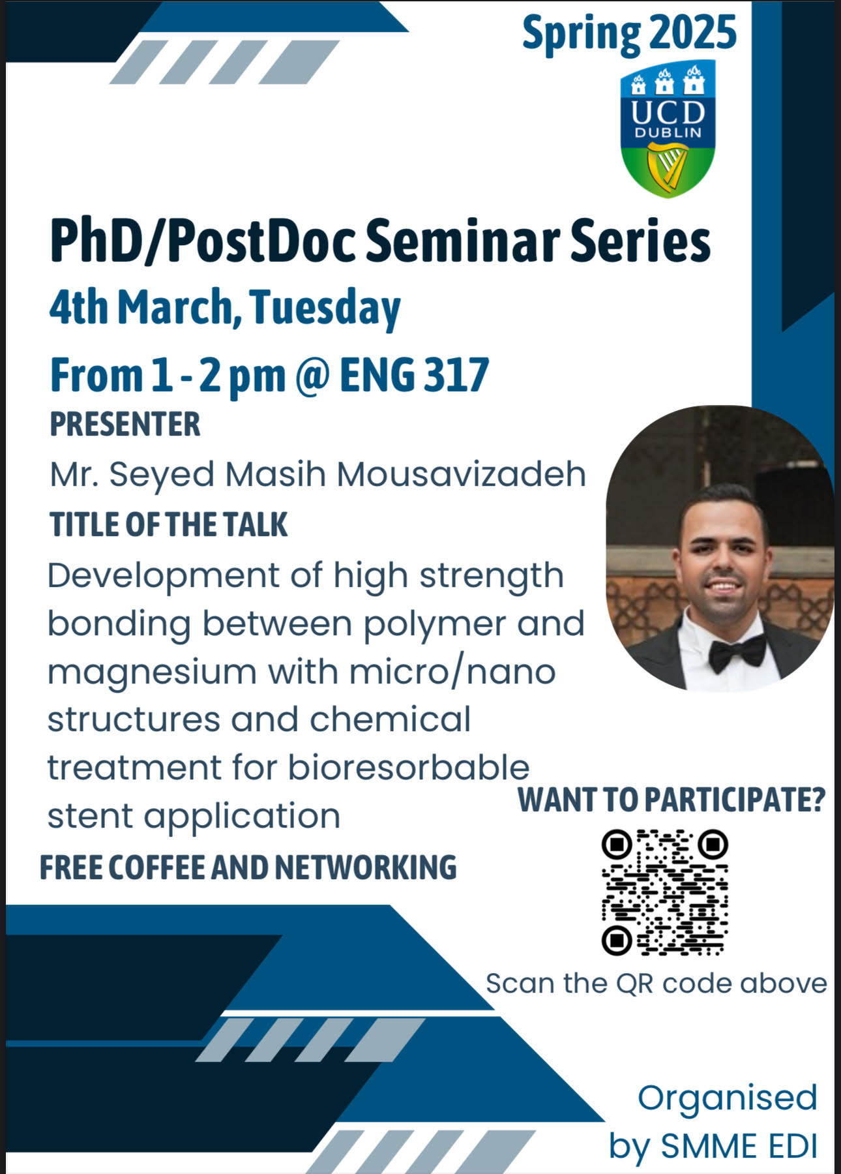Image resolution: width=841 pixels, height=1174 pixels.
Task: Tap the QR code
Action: click(x=664, y=892)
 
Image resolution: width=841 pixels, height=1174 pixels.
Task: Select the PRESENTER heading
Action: click(x=125, y=425)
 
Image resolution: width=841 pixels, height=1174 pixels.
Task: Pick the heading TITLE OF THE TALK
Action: click(x=169, y=525)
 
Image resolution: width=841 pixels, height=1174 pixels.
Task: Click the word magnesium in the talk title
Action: click(x=151, y=672)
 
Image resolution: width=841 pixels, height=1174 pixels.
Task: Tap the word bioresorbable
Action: click(x=408, y=768)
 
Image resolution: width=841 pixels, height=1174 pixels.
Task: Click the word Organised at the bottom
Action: click(x=727, y=1098)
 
